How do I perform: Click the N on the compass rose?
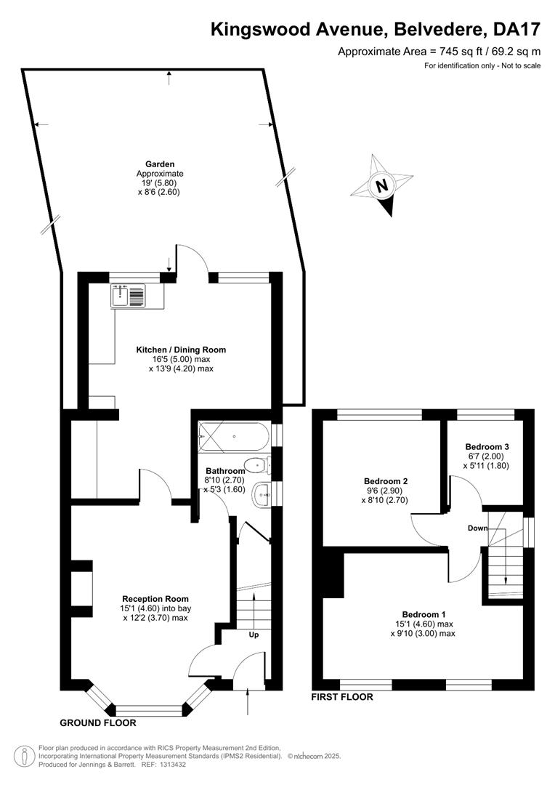[x=382, y=186]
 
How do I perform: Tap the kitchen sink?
[x=128, y=296]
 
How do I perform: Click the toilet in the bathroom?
[x=258, y=466]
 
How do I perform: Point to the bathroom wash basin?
[x=262, y=495]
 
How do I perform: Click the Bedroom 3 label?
[x=487, y=446]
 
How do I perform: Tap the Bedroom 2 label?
[x=385, y=481]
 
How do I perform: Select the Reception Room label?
[x=155, y=599]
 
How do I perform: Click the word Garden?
[x=160, y=164]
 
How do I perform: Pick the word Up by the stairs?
[x=254, y=635]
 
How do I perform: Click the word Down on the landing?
[x=478, y=528]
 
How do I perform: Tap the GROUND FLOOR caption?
[x=98, y=723]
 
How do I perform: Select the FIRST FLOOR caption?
[x=342, y=697]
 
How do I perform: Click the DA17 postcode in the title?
[x=517, y=29]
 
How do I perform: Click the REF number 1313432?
[x=171, y=765]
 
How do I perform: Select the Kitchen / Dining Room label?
[x=181, y=350]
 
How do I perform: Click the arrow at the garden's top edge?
[x=170, y=78]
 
